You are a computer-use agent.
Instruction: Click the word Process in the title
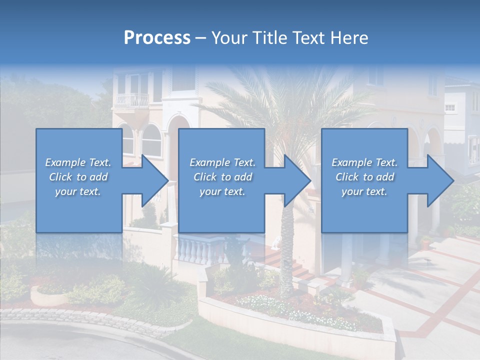pos(157,37)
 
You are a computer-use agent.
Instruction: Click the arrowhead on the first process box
pos(152,180)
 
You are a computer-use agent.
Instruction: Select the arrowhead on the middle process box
pos(295,180)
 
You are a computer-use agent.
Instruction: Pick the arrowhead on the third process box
pos(438,180)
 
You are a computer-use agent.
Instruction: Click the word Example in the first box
pos(65,162)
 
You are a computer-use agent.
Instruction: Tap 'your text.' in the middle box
pos(222,191)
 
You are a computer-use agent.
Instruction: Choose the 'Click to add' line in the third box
pos(364,177)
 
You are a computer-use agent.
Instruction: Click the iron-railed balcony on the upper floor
pos(131,100)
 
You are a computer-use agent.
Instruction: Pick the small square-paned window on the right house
pos(450,107)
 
